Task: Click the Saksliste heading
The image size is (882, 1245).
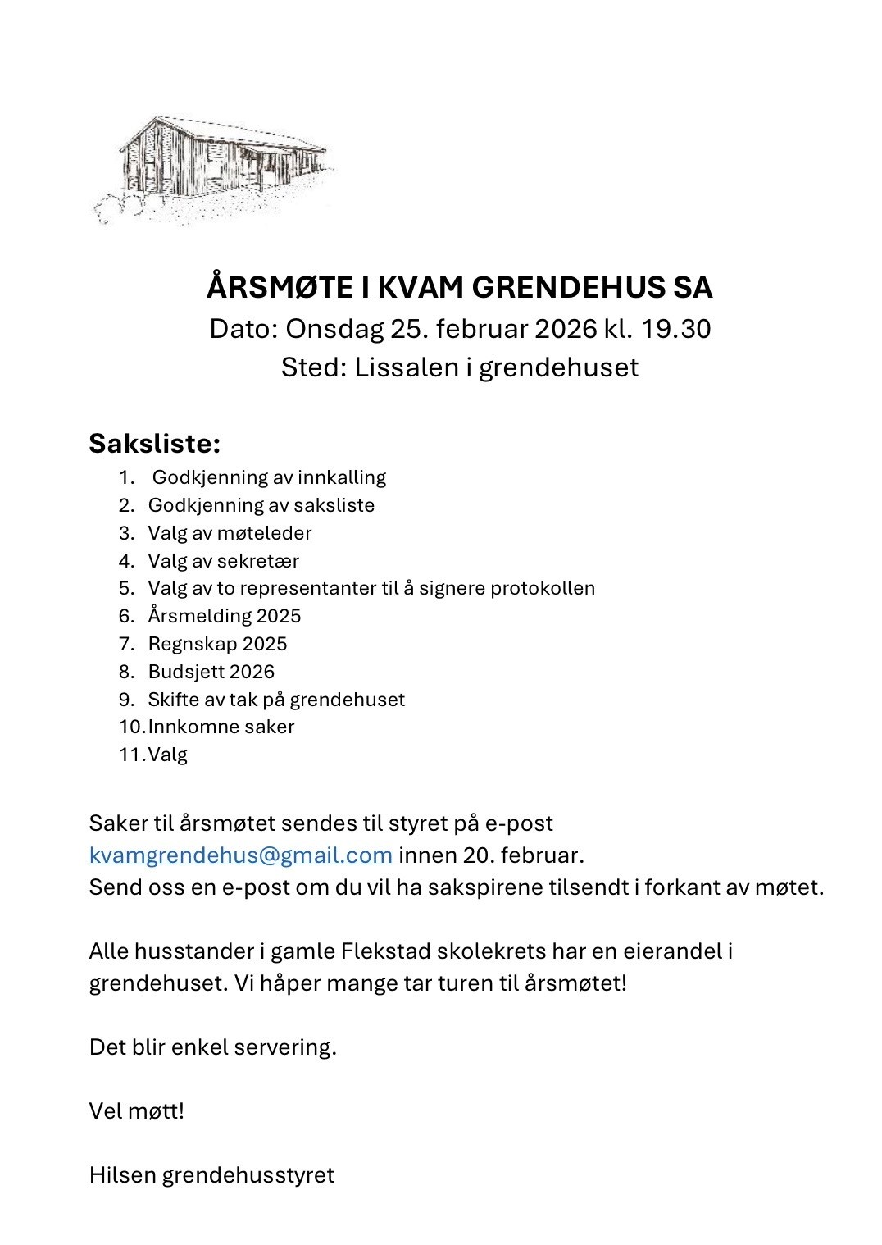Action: (155, 444)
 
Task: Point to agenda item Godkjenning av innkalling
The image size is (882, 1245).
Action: (269, 477)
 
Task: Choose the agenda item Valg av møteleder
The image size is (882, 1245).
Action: (230, 533)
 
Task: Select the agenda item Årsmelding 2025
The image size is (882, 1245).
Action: (225, 616)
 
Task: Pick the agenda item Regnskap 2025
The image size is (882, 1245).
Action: (217, 644)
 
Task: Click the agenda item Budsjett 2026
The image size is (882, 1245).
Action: (211, 672)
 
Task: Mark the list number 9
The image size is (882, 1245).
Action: (126, 700)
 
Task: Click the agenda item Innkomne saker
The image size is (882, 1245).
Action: (220, 727)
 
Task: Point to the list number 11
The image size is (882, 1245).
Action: (131, 755)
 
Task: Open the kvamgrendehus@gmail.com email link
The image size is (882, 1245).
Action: (241, 855)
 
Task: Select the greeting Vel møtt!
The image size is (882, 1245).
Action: (137, 1111)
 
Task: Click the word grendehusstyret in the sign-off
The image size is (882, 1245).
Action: (248, 1175)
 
